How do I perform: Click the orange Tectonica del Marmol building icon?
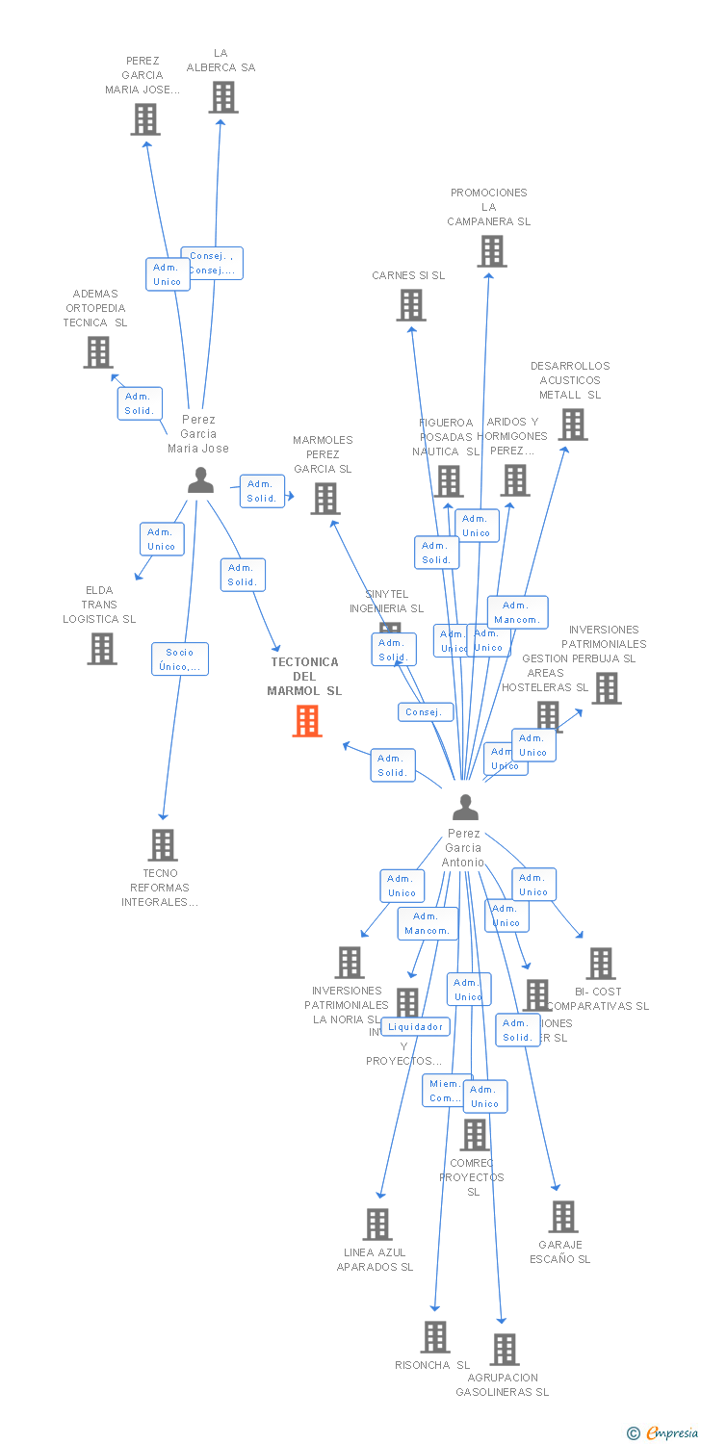pyautogui.click(x=307, y=721)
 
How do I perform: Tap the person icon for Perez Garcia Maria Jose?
pyautogui.click(x=200, y=479)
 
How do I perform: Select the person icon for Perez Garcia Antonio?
pyautogui.click(x=465, y=807)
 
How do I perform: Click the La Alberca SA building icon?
pyautogui.click(x=223, y=97)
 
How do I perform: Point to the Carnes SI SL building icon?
pyautogui.click(x=411, y=305)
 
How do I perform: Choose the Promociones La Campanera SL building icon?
pyautogui.click(x=492, y=251)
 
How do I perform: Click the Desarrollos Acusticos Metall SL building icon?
pyautogui.click(x=572, y=425)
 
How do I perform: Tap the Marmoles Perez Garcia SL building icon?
pyautogui.click(x=325, y=499)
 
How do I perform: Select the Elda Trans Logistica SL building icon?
pyautogui.click(x=102, y=649)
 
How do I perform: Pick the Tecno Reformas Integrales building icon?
pyautogui.click(x=163, y=845)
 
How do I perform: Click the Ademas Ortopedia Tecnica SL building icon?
pyautogui.click(x=98, y=352)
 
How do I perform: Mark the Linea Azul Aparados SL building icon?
pyautogui.click(x=377, y=1225)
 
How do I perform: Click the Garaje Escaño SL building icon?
pyautogui.click(x=563, y=1217)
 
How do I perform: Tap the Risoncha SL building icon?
pyautogui.click(x=435, y=1336)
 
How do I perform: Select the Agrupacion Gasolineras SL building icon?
pyautogui.click(x=505, y=1350)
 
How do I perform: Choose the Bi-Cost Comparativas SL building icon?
pyautogui.click(x=601, y=964)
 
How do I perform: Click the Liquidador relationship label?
pyautogui.click(x=415, y=1027)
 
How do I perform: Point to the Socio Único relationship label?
pyautogui.click(x=180, y=659)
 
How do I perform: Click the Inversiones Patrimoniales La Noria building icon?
pyautogui.click(x=350, y=963)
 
